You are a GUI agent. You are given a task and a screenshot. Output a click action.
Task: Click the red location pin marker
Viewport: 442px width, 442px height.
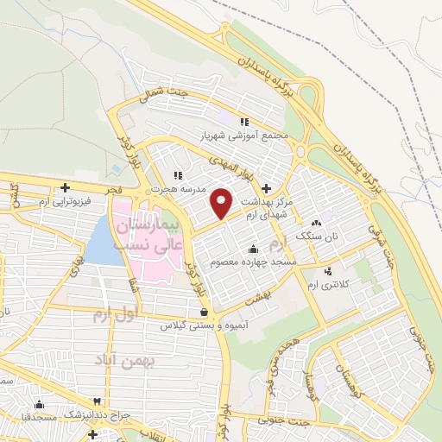pyautogui.click(x=222, y=202)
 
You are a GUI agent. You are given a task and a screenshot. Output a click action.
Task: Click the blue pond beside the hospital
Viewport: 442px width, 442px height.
pyautogui.click(x=104, y=241)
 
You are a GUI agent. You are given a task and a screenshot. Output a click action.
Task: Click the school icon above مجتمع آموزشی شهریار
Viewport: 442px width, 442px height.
pyautogui.click(x=244, y=123)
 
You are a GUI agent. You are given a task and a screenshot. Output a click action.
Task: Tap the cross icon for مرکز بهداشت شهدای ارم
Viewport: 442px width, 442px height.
pyautogui.click(x=266, y=187)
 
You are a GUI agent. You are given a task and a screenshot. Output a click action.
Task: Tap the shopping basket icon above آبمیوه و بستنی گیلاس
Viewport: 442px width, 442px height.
pyautogui.click(x=204, y=313)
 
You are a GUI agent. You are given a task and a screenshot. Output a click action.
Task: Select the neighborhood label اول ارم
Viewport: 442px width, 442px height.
pyautogui.click(x=113, y=316)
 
